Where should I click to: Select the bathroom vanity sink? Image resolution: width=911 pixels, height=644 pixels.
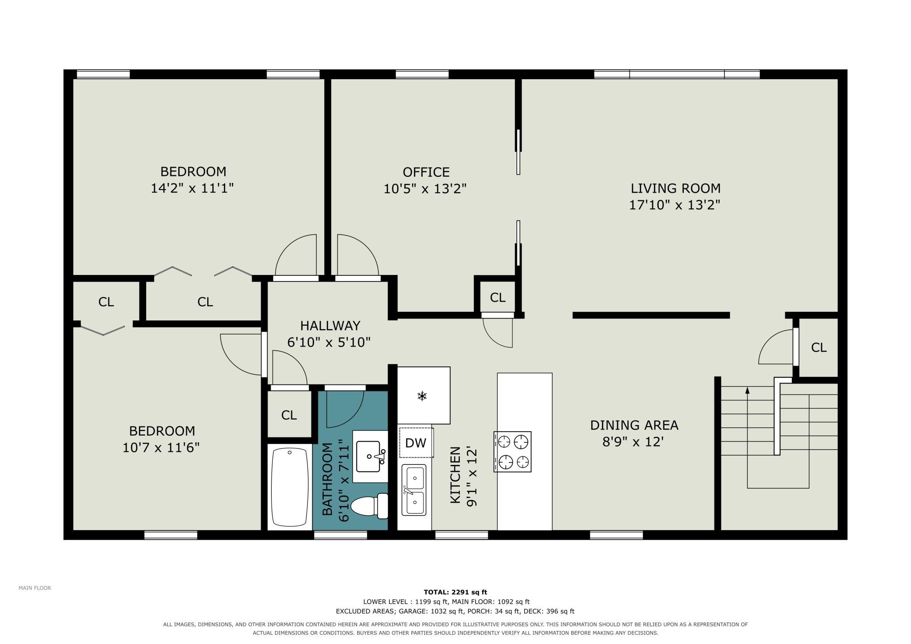(371, 457)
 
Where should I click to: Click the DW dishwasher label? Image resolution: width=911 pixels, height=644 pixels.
(416, 443)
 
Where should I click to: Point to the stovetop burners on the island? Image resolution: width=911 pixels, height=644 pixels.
(512, 451)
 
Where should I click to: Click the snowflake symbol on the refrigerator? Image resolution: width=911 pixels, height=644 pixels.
(422, 397)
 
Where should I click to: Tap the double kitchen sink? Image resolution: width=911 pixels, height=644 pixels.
(414, 490)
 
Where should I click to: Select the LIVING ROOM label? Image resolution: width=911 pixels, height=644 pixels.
(675, 188)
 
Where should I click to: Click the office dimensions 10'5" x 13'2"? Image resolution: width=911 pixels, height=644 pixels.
(425, 189)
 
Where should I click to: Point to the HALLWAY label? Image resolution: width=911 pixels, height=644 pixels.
(330, 326)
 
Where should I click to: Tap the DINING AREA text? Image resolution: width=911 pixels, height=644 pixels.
(634, 425)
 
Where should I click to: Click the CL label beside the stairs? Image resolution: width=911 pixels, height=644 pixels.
(819, 347)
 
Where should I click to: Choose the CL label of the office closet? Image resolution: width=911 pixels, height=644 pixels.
(498, 298)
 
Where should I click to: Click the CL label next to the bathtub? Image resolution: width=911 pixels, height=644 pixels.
(289, 415)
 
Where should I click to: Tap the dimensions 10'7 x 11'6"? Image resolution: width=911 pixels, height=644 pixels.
(161, 447)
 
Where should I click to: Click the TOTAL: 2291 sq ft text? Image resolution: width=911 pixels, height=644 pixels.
(455, 592)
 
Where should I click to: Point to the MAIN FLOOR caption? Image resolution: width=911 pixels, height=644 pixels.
(35, 588)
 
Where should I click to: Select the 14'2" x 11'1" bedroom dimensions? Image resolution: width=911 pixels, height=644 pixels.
(192, 188)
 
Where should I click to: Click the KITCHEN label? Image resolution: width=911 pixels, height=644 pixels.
(455, 475)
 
